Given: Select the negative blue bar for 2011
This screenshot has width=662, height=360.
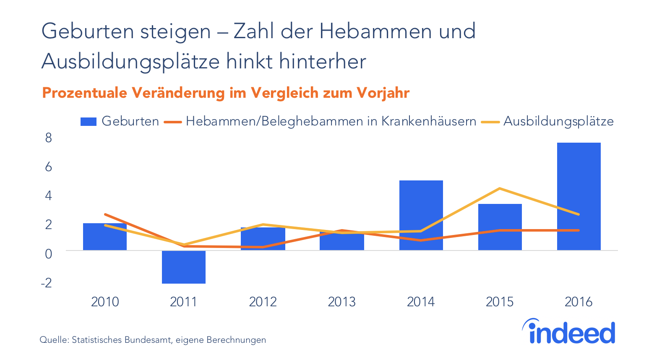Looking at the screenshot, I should click(x=184, y=267).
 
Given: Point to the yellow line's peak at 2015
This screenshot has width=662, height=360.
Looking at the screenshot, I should click(x=499, y=188).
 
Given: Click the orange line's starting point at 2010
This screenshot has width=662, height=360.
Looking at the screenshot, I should click(x=105, y=214).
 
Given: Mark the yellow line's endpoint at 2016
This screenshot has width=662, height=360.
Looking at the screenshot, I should click(x=579, y=214).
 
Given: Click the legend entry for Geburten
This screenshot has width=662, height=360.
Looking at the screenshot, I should click(x=120, y=121).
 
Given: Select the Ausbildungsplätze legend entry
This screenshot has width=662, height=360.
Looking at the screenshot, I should click(x=547, y=121).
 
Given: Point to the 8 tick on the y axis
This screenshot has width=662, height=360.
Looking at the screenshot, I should click(x=49, y=138).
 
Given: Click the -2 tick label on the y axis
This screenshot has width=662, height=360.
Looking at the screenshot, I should click(x=47, y=283).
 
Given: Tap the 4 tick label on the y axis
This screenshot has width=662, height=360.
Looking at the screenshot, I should click(x=49, y=196).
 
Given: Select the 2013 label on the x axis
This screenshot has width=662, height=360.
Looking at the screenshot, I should click(x=341, y=302).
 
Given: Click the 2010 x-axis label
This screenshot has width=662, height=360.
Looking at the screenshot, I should click(x=105, y=302).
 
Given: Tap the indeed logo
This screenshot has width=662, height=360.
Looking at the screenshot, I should click(x=568, y=331).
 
